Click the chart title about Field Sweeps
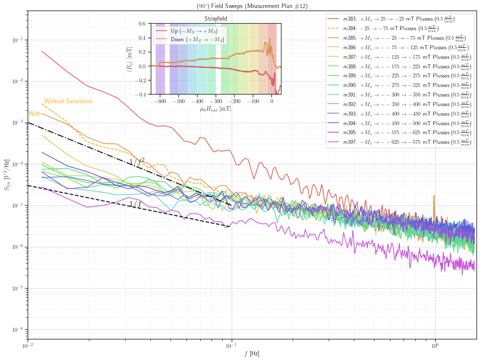tap(252, 6)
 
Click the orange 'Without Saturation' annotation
tap(68, 101)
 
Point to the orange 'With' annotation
tap(35, 114)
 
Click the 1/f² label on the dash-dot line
tap(137, 161)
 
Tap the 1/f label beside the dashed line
tap(134, 204)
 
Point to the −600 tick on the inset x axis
tap(160, 101)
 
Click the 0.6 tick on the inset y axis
tap(142, 24)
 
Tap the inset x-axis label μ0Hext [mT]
tap(216, 108)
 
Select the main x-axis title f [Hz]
tap(252, 353)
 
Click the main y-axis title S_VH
tap(7, 180)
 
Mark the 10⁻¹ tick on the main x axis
tap(231, 346)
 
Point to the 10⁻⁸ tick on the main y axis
tap(17, 330)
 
